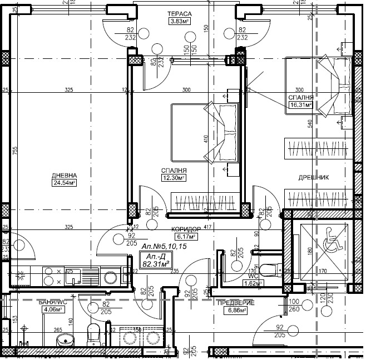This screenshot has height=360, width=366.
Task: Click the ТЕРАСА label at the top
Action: [180, 13]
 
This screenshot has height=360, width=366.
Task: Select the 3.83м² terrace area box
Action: [180, 22]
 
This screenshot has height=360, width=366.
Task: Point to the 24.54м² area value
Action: [65, 182]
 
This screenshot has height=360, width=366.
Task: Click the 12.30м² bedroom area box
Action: [173, 178]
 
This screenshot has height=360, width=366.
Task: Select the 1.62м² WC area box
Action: [253, 283]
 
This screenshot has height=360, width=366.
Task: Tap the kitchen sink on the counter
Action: [73, 276]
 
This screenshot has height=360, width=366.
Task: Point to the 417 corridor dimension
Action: [208, 227]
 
